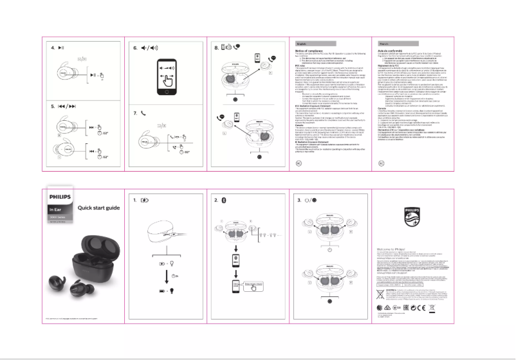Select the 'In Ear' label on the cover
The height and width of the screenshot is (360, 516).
tap(55, 210)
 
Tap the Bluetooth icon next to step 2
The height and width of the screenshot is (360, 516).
tap(224, 201)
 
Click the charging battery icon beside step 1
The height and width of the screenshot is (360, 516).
tap(144, 201)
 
